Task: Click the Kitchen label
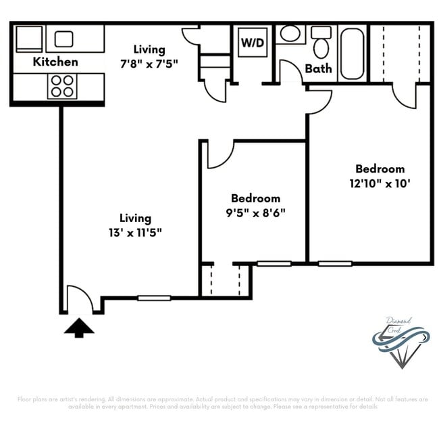(56, 62)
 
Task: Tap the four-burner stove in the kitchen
(62, 86)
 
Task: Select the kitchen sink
(64, 39)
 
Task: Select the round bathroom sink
(290, 34)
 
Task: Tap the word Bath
(318, 68)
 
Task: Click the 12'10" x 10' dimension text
(380, 183)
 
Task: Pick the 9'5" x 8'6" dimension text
(255, 212)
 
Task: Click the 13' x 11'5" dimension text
(135, 232)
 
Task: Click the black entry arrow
(79, 328)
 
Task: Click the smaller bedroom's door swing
(219, 154)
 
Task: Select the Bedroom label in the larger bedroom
(380, 168)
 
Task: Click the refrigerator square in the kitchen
(29, 39)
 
